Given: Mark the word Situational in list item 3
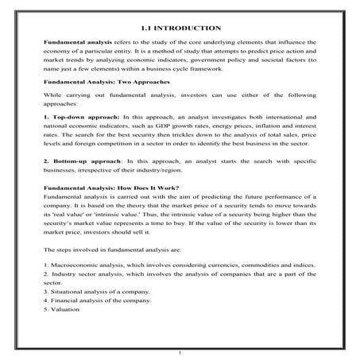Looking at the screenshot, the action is pyautogui.click(x=68, y=290).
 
